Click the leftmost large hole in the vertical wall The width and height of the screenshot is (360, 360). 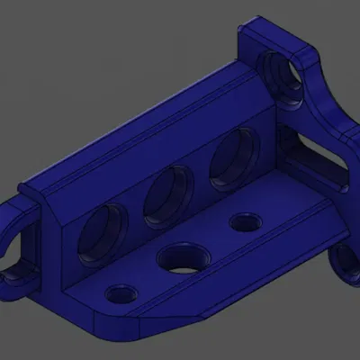coord(102,232)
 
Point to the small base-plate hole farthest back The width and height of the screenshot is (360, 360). coord(243,221)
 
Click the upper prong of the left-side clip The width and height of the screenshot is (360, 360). coord(16,216)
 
